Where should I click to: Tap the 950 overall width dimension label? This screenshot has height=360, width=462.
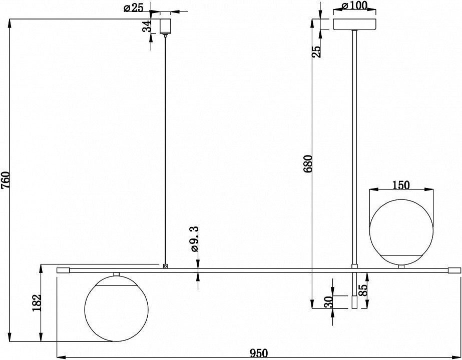[259, 352]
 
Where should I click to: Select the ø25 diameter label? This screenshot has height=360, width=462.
[134, 7]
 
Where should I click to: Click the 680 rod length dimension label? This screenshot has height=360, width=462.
[308, 163]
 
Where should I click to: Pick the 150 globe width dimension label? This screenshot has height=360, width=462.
[401, 185]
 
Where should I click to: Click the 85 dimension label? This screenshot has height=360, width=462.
[363, 290]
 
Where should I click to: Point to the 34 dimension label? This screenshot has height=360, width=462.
[147, 26]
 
